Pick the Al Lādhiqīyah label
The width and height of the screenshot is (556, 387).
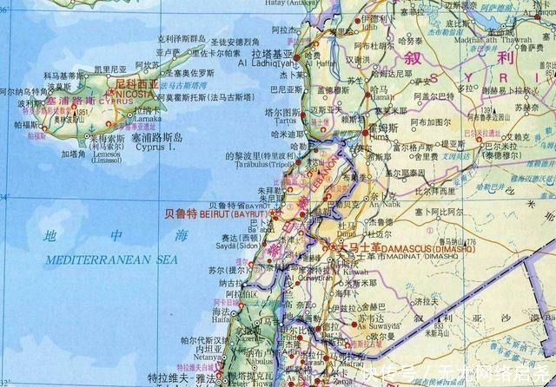coord(275,63)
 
